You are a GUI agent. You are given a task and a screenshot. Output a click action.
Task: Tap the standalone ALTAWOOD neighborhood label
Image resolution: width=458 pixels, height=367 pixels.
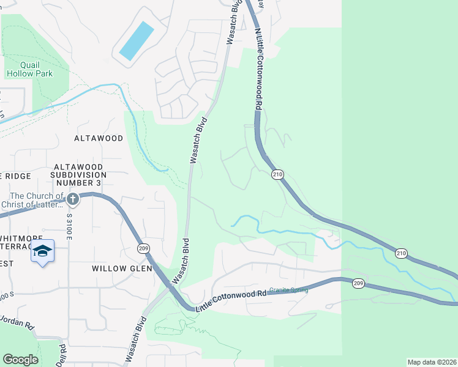[x=99, y=138]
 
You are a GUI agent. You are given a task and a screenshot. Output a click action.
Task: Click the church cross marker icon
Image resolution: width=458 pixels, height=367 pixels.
[x=73, y=199]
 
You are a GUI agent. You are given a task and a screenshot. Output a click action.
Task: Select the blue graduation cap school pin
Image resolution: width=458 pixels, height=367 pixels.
[x=43, y=251]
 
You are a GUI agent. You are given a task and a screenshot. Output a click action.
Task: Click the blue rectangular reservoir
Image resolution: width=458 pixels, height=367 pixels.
[x=136, y=41]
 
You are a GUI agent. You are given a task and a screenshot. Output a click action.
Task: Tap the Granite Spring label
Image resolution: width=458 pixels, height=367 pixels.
[x=288, y=290]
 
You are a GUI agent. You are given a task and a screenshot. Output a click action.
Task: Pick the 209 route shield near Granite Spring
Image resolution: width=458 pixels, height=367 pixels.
[x=358, y=283]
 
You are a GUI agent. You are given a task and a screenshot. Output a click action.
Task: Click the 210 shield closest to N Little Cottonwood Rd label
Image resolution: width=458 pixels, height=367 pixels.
[x=278, y=175]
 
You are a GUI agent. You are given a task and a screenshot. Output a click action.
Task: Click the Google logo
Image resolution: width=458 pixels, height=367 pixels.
[x=20, y=360]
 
